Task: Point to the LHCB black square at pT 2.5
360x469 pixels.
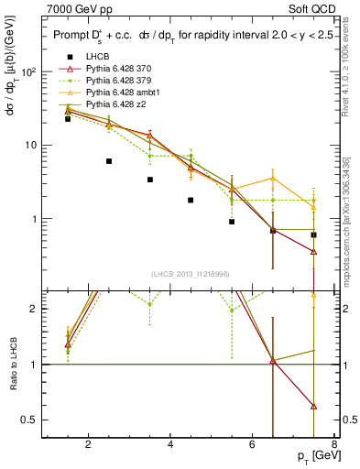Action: coord(109,161)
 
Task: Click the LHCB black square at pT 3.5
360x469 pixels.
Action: coord(150,180)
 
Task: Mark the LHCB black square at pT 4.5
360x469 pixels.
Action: coord(191,200)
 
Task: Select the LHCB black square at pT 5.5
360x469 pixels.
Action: coord(232,222)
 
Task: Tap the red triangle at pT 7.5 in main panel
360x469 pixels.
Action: coord(314,251)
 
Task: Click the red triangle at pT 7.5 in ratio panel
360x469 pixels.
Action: coord(314,406)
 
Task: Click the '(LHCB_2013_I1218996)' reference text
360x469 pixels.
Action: coord(191,274)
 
